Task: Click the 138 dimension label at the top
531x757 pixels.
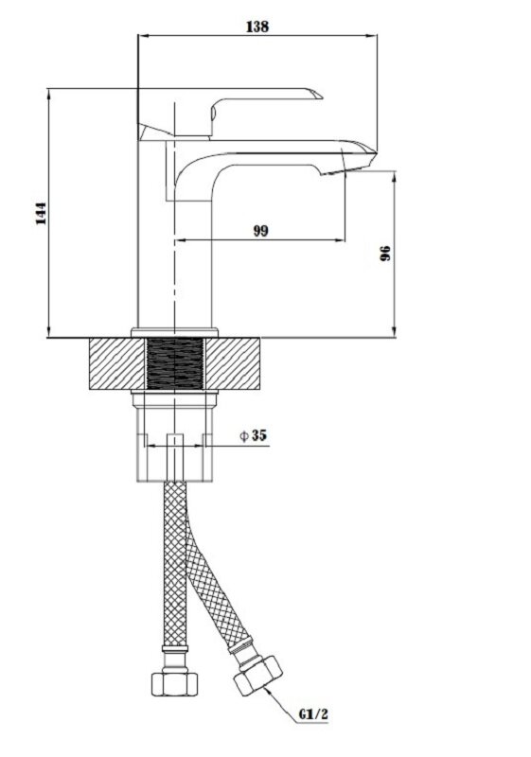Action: [257, 26]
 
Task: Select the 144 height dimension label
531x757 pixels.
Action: [42, 214]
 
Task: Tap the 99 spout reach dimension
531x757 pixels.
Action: [260, 231]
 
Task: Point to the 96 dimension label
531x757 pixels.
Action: [385, 253]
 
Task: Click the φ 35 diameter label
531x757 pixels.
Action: [253, 435]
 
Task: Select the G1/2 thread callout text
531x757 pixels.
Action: [312, 714]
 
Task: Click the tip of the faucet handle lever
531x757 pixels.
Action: [323, 97]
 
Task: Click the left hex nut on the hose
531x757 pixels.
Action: [175, 684]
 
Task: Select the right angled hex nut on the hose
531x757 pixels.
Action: [258, 675]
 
